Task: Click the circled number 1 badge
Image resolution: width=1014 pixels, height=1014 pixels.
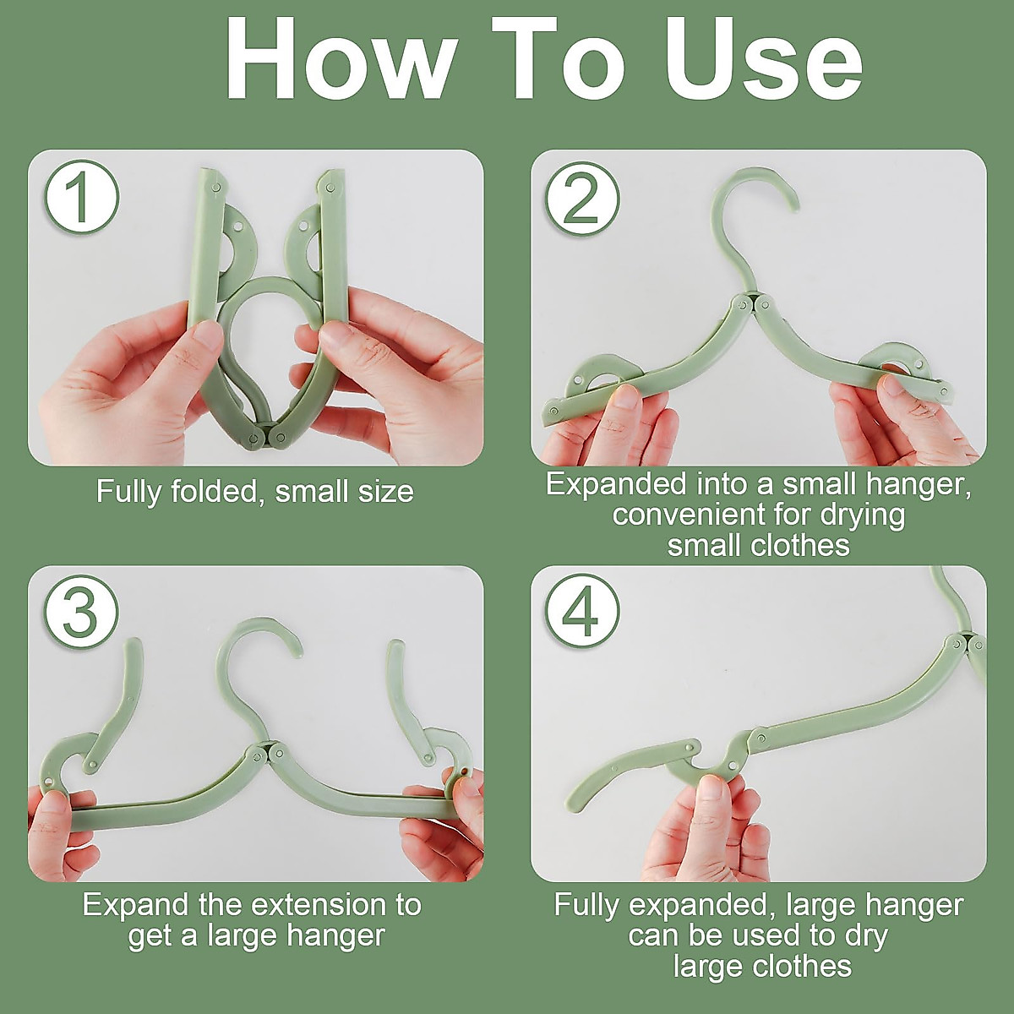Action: point(81,198)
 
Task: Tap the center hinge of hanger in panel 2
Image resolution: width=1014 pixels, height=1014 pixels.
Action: point(750,302)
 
